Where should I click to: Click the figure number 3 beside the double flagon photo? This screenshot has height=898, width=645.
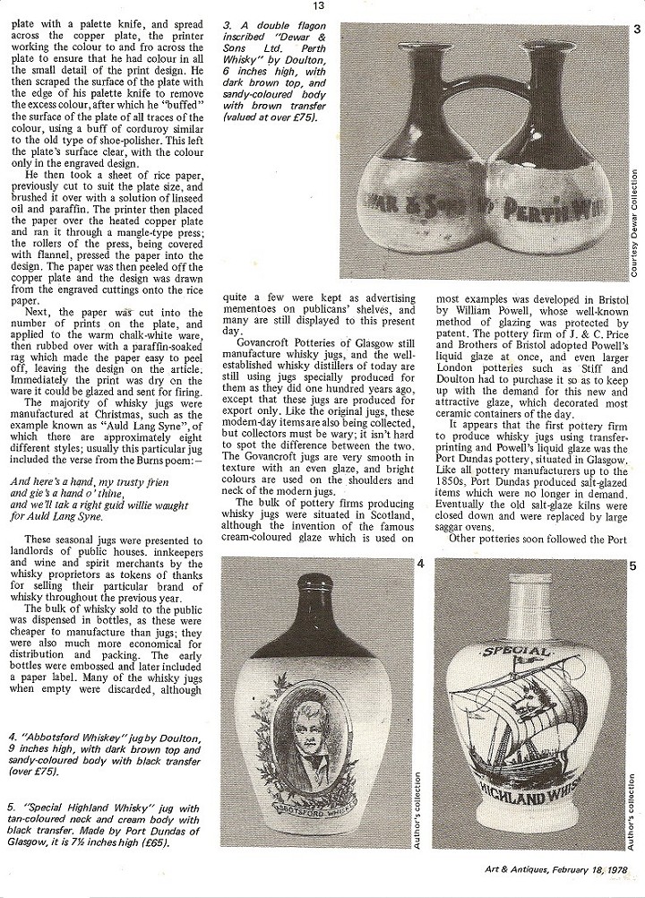(635, 30)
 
